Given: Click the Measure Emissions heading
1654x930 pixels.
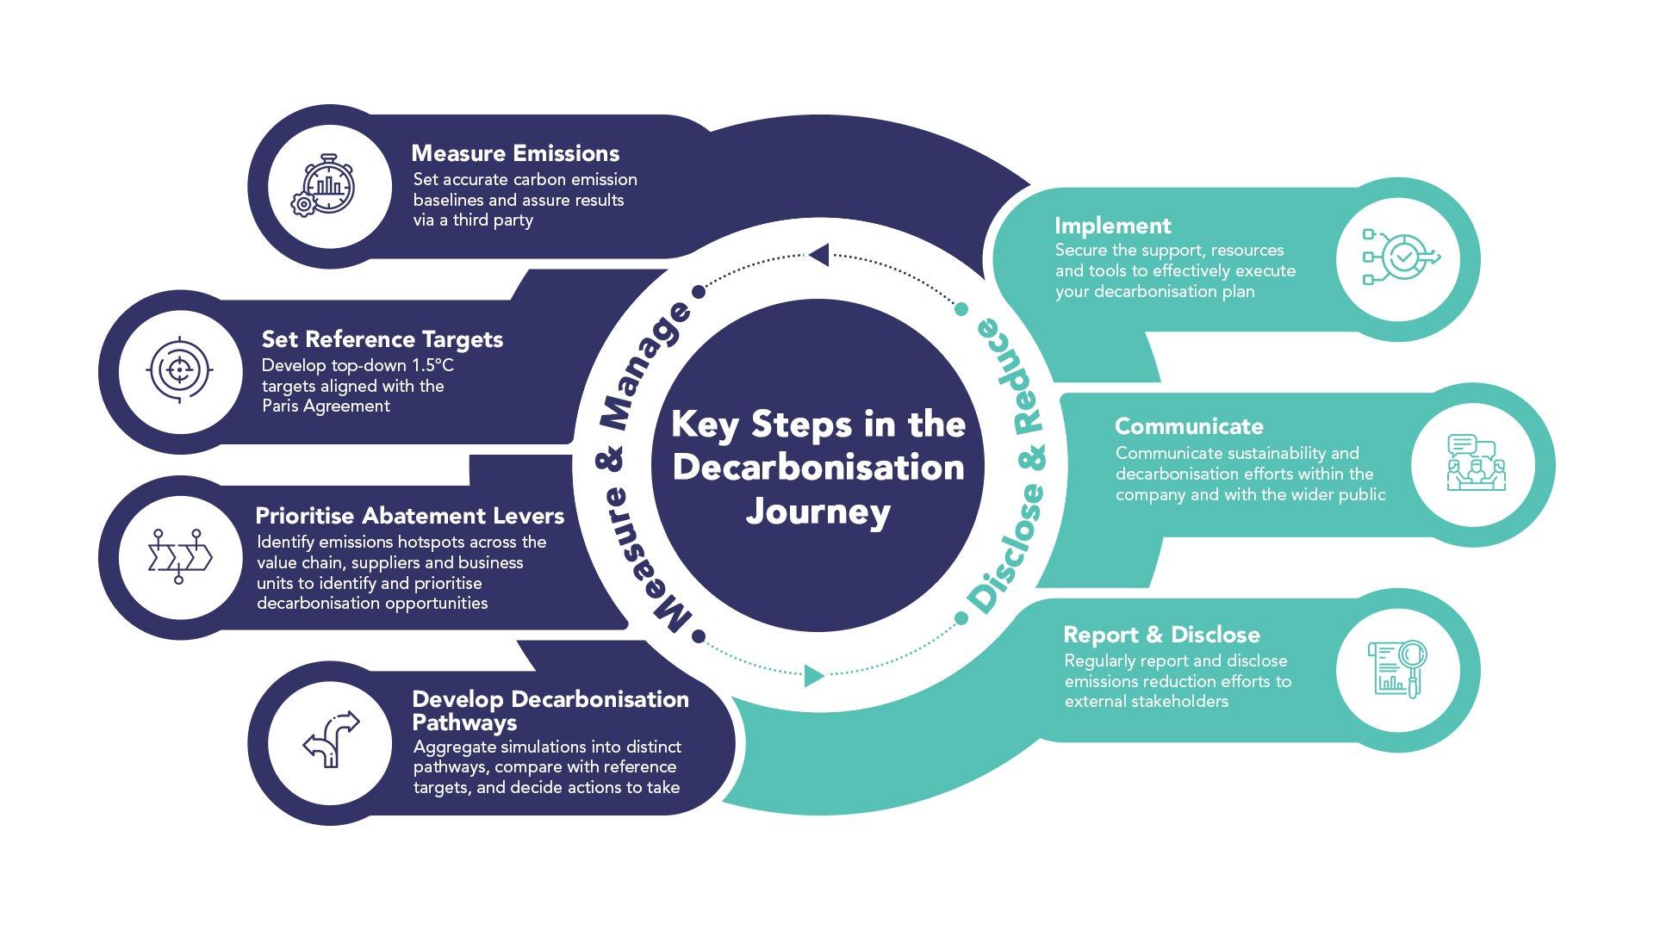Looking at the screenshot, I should [515, 153].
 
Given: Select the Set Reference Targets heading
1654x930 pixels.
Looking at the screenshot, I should [382, 339].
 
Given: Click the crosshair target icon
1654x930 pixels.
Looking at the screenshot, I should [179, 371].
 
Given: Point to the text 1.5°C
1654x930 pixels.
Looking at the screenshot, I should [432, 365].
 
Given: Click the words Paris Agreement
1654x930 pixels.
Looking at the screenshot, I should [326, 406].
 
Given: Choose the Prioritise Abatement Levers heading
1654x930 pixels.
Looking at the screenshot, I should [409, 516].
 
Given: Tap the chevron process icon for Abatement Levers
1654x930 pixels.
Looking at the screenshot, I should [179, 556].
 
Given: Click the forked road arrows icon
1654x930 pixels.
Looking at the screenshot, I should [330, 739].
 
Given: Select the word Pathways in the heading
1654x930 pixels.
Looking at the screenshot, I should [464, 722].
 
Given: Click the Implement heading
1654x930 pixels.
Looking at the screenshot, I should [1112, 226].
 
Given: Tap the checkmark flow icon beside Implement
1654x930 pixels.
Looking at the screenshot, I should [1399, 257].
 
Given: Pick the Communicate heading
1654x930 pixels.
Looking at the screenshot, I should [1188, 426].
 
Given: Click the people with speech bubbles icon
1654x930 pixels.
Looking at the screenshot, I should [1474, 463].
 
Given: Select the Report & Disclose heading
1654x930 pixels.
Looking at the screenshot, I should [1161, 635].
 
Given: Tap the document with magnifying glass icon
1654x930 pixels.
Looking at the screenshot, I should [1397, 669].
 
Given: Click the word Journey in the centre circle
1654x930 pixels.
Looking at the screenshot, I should [818, 512].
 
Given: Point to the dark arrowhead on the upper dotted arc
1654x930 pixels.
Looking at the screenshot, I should [819, 255].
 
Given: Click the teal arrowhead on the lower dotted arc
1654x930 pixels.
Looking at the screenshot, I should [813, 676].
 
